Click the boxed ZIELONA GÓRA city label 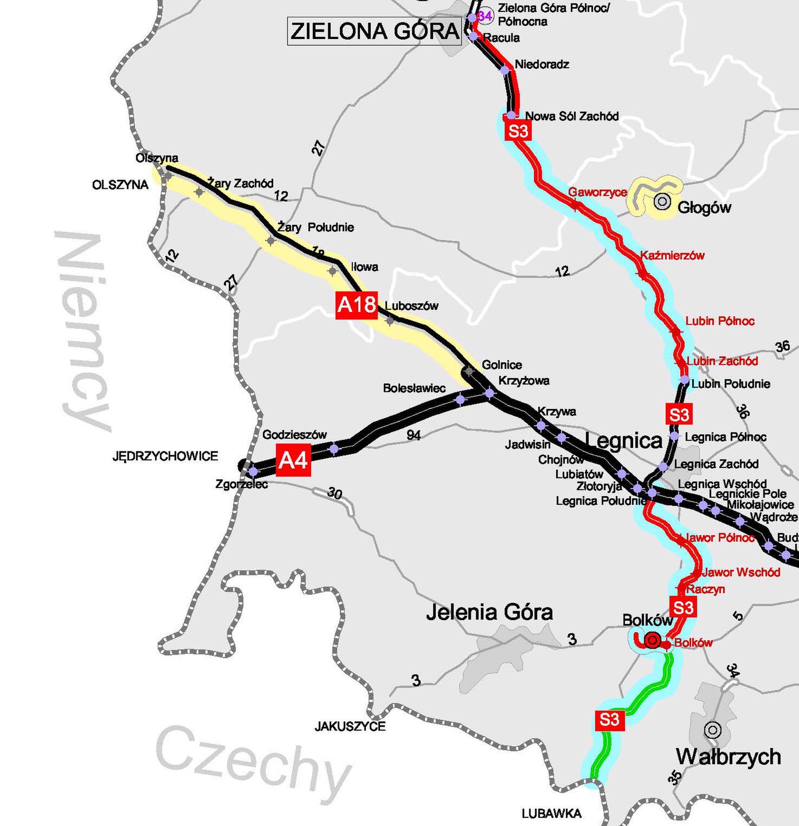[375, 31]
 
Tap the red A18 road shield [356, 305]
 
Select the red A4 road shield [293, 459]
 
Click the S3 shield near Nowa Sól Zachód [518, 131]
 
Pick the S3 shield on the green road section [609, 719]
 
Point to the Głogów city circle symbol [662, 201]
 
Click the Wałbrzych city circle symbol [712, 730]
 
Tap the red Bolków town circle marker [653, 640]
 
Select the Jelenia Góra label [489, 612]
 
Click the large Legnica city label [623, 441]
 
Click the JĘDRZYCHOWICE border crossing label [165, 456]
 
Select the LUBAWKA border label [551, 813]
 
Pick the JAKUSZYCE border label [350, 726]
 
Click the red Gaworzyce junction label [597, 192]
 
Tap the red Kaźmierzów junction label [672, 255]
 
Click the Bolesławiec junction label [414, 388]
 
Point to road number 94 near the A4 [413, 435]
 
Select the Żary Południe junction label [316, 227]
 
